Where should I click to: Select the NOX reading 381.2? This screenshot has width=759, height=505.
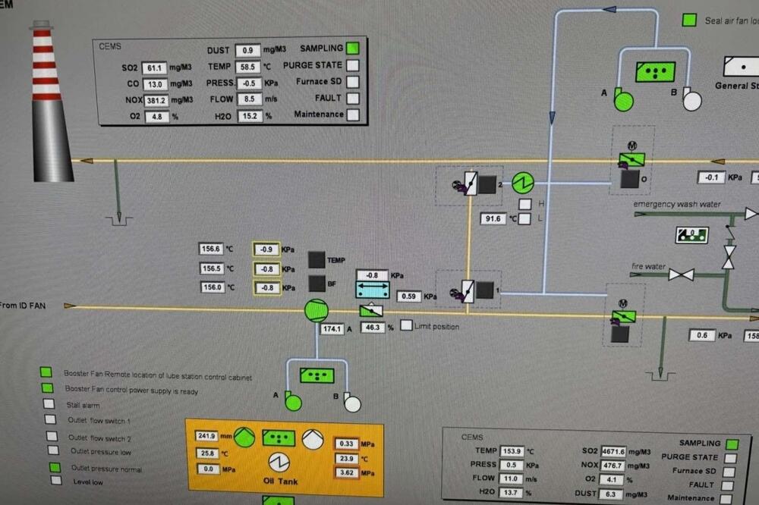pos(156,100)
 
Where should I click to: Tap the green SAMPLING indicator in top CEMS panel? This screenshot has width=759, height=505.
pos(353,49)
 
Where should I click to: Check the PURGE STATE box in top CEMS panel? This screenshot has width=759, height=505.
pos(353,65)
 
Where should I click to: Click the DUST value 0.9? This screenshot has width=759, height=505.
pos(247,51)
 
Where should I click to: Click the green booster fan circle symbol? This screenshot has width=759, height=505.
pos(316,310)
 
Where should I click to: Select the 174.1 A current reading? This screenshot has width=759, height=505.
pos(332,329)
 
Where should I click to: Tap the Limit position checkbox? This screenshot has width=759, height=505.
pos(407,326)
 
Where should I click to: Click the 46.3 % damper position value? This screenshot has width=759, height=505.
pos(372,328)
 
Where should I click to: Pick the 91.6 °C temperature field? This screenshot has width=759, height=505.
pos(493,219)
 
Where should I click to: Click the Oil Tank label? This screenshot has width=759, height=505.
pos(280,481)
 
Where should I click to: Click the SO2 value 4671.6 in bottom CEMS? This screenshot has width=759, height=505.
pos(613,451)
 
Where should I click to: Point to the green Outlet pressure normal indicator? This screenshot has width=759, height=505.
pos(55,468)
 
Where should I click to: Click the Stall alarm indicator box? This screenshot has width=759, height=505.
pos(49,404)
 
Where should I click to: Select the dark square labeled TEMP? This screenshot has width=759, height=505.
pos(317,259)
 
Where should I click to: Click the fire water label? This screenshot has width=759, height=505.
pos(647,266)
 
